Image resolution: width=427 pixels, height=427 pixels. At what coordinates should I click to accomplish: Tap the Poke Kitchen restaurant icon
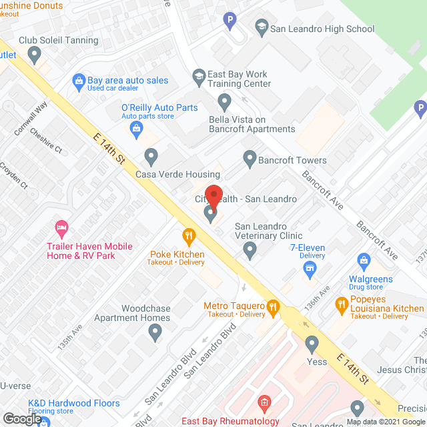(x=189, y=235)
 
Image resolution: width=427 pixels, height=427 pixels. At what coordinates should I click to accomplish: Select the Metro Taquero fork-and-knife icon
(x=273, y=307)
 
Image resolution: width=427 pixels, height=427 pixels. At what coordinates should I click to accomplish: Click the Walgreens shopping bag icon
(x=364, y=260)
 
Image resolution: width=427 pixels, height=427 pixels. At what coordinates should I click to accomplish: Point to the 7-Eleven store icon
(x=309, y=269)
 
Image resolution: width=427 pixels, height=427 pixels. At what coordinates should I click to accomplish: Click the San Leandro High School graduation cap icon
(x=262, y=28)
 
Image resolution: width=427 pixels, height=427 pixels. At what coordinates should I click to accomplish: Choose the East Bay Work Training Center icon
(x=198, y=75)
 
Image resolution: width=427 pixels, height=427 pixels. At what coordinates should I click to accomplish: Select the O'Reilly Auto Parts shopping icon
(x=137, y=127)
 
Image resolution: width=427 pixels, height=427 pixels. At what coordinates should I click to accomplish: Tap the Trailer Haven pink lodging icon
(x=61, y=228)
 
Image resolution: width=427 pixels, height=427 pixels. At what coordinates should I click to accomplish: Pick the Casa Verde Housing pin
(x=151, y=157)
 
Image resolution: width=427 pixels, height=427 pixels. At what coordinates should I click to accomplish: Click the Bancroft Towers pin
(x=250, y=159)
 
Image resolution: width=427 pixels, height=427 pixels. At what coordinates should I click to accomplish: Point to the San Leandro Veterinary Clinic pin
(x=250, y=250)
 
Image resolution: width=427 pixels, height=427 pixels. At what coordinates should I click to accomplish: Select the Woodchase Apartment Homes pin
(x=155, y=333)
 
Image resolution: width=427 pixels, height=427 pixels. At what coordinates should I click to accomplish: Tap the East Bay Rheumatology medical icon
(x=264, y=402)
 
